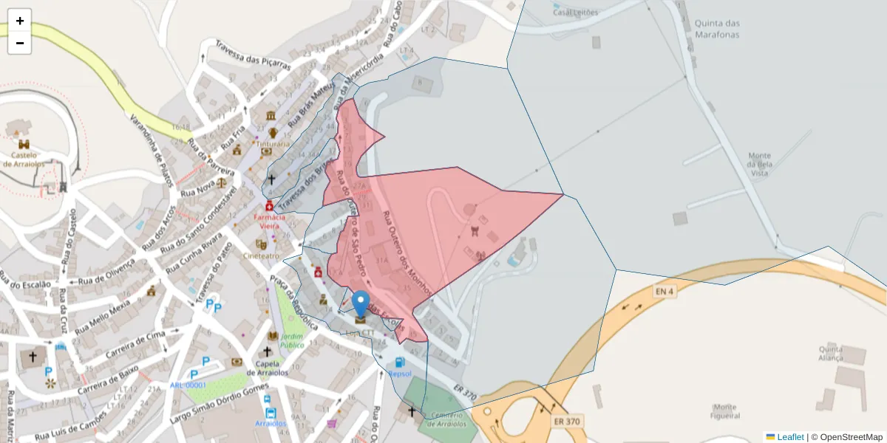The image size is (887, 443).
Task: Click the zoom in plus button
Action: pyautogui.click(x=20, y=21)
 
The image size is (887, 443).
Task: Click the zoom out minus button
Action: pyautogui.click(x=20, y=43)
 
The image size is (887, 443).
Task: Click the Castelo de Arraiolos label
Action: pyautogui.click(x=24, y=159)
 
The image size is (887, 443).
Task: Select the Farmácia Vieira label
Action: pyautogui.click(x=269, y=221)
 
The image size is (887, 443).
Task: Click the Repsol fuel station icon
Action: pyautogui.click(x=400, y=363)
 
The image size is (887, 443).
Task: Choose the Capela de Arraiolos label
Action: pyautogui.click(x=268, y=367)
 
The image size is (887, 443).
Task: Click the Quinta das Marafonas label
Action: pyautogui.click(x=717, y=28)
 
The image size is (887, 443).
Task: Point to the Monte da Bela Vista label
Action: pyautogui.click(x=760, y=164)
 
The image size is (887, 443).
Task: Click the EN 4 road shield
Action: pyautogui.click(x=665, y=292)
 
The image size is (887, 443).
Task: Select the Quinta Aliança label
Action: pyautogui.click(x=831, y=353)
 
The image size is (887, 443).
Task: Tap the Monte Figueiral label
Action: pyautogui.click(x=724, y=411)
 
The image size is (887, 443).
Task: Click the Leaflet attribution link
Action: pyautogui.click(x=790, y=437)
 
